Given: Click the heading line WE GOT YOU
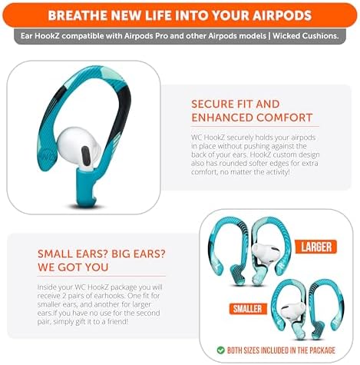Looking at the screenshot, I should click(71, 267).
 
